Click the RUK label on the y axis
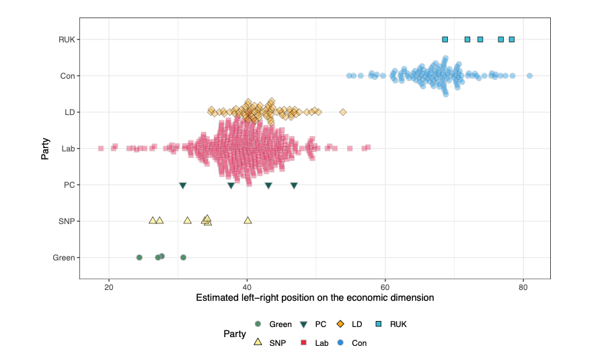(x=65, y=40)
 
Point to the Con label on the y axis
(x=67, y=76)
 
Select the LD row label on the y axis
(x=69, y=112)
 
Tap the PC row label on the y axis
(x=69, y=185)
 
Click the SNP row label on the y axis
(x=66, y=221)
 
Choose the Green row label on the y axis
(x=63, y=258)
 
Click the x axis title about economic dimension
(x=314, y=297)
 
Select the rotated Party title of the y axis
(x=45, y=149)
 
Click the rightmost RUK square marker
(x=512, y=40)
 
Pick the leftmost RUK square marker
(x=445, y=40)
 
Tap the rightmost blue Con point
(x=529, y=75)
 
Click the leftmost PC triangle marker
(x=182, y=186)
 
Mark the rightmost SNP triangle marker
(x=248, y=220)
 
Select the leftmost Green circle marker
(x=139, y=257)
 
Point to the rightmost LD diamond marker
(x=343, y=112)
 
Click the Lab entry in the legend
(x=315, y=343)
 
